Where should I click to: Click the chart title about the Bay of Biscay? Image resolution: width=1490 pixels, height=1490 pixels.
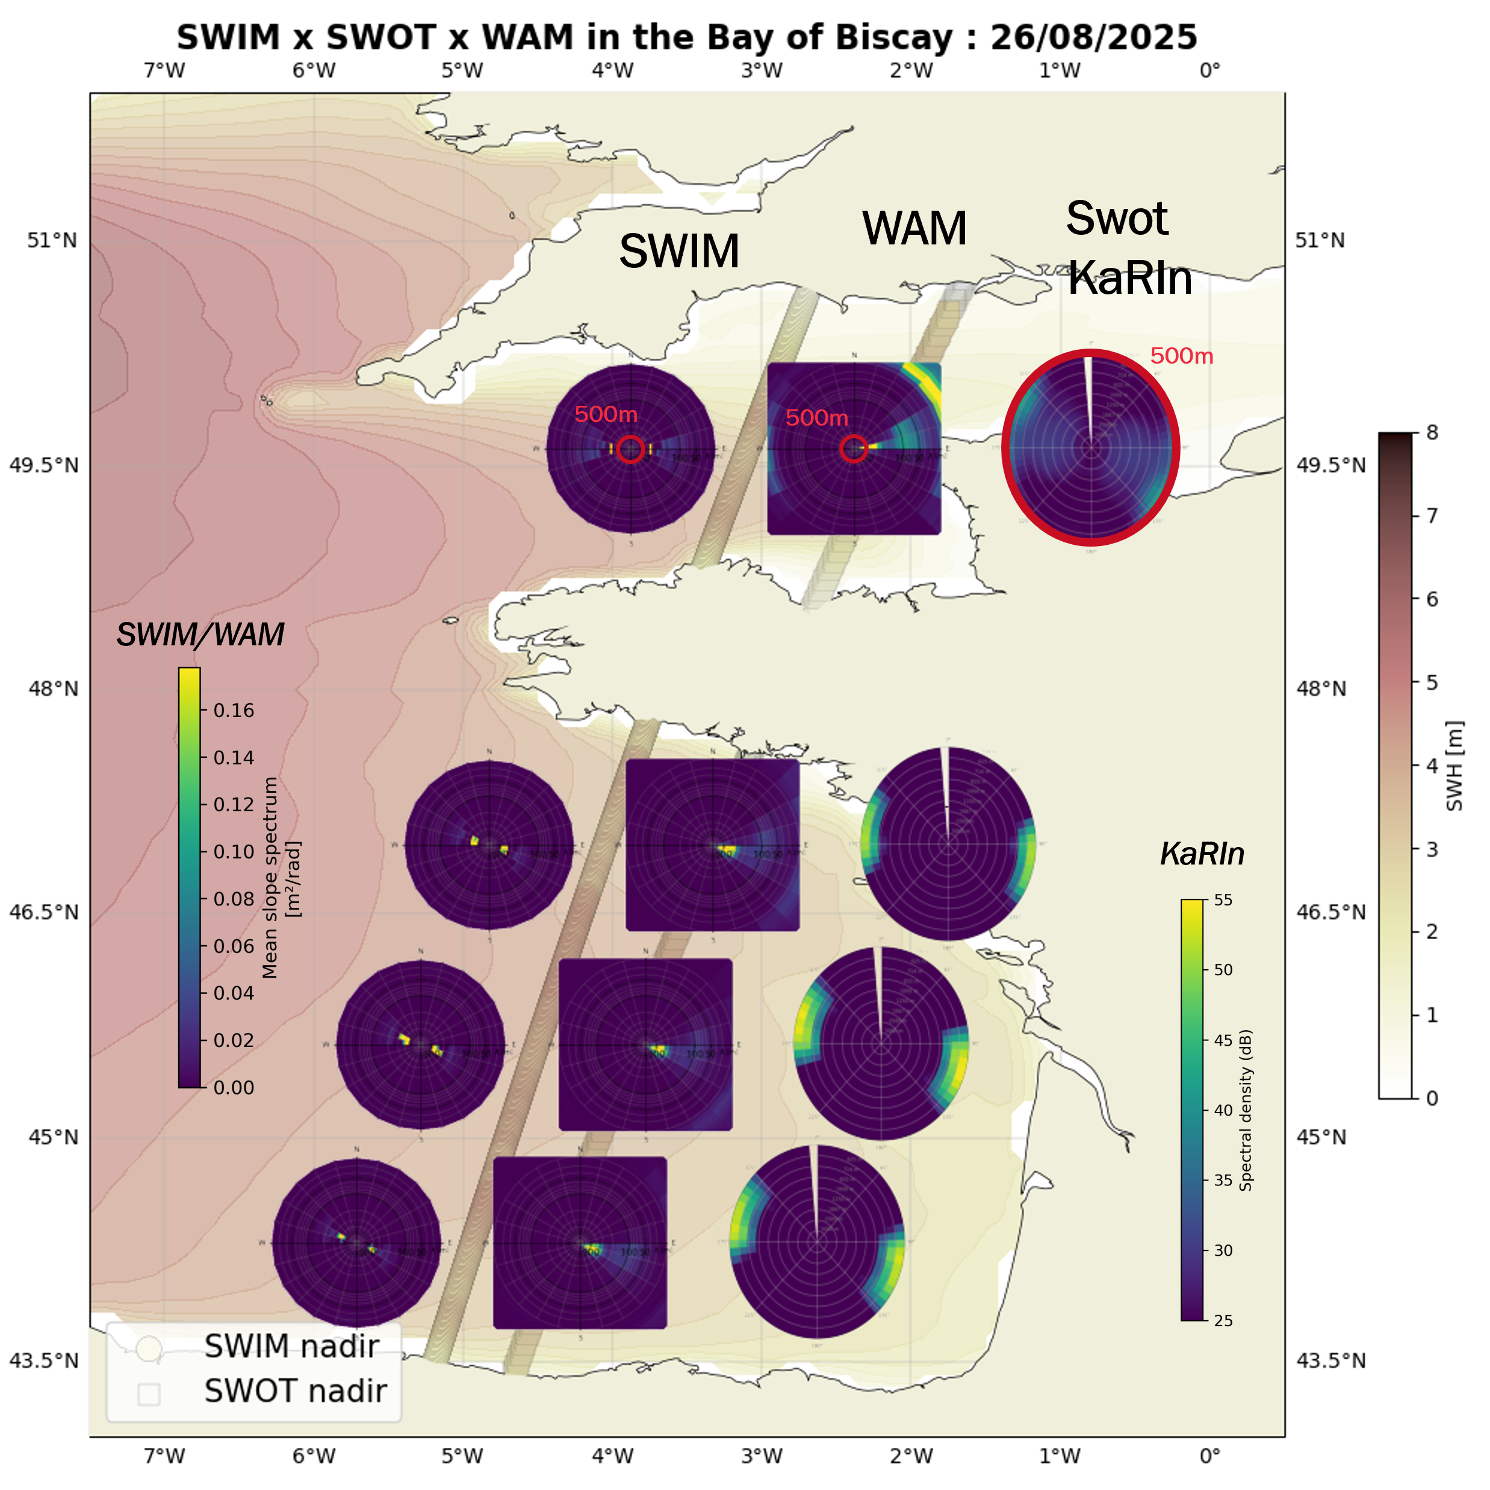686,37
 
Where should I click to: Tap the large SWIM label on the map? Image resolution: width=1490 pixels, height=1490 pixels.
678,252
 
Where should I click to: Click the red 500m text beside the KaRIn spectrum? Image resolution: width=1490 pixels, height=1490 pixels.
1181,356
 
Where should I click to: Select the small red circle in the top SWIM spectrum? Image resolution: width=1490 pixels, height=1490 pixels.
631,449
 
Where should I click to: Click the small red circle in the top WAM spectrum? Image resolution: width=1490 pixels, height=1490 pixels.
853,448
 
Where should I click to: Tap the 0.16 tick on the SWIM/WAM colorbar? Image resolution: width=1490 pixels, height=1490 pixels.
233,710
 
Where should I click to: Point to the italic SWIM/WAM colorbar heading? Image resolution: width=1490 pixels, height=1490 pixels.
200,635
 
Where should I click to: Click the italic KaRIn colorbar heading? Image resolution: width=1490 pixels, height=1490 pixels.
1202,854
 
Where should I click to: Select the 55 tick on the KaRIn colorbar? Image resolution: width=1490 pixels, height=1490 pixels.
1222,900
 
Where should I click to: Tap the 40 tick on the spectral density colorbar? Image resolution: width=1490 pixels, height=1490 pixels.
1222,1110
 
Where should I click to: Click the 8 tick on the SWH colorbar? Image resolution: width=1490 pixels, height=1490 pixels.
1432,433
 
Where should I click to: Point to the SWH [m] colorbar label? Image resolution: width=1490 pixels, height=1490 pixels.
1454,766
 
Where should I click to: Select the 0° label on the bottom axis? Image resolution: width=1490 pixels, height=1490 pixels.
1209,1456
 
